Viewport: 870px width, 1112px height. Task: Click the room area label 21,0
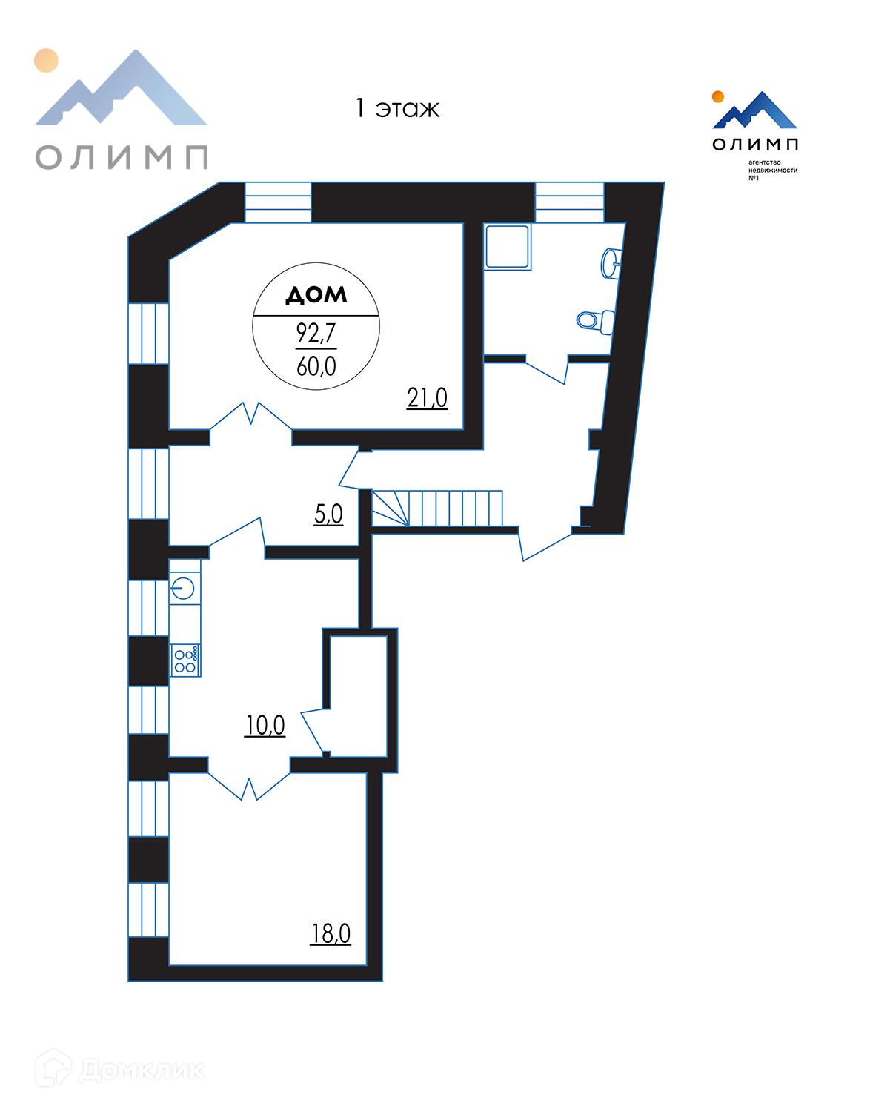pos(427,399)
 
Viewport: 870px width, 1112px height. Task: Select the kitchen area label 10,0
pos(265,726)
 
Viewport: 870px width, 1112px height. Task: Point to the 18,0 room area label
pos(331,934)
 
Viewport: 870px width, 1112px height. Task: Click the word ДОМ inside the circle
pos(316,296)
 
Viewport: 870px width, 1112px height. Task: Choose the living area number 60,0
pos(316,365)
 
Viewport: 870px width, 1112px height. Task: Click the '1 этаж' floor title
pos(396,109)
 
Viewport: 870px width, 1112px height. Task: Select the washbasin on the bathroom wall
pos(611,262)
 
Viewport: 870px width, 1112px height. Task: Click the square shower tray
pos(508,248)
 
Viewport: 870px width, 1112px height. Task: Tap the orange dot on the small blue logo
pos(717,96)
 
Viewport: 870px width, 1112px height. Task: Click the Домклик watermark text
pos(141,1070)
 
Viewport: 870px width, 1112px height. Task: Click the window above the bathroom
pos(570,202)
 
